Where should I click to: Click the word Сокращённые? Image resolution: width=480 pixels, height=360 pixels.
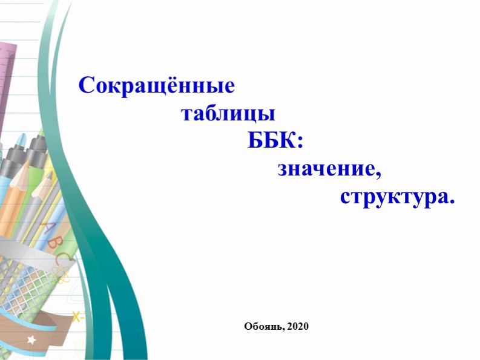pyautogui.click(x=156, y=85)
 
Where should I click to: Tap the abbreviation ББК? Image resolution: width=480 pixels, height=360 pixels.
pyautogui.click(x=271, y=141)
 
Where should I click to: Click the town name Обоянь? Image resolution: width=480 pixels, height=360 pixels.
pyautogui.click(x=263, y=327)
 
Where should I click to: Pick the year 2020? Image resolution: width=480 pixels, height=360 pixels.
pyautogui.click(x=298, y=327)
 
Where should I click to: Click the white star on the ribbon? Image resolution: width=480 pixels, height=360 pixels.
pyautogui.click(x=31, y=340)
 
